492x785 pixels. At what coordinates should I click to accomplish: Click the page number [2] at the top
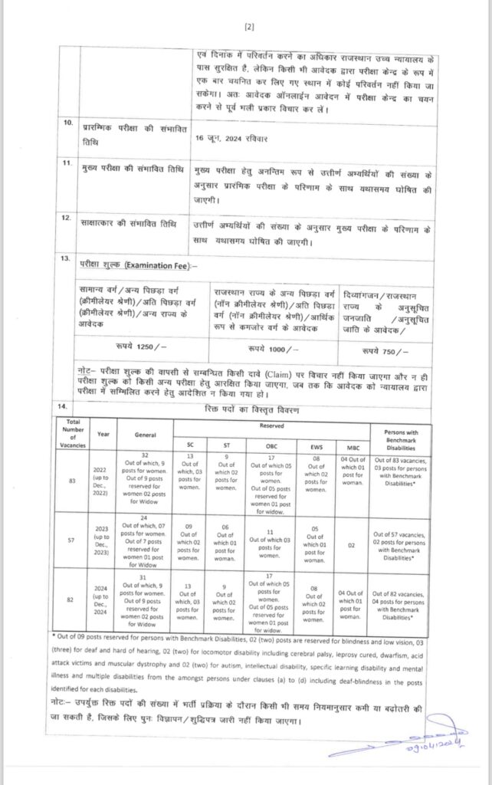pos(248,27)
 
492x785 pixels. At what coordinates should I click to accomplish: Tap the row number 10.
pos(68,123)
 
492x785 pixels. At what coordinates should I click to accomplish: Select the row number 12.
pos(67,219)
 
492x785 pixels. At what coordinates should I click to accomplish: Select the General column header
pos(144,435)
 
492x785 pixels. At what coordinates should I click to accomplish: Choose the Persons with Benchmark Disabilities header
pos(401,435)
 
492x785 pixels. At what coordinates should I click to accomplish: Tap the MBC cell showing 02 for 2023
pos(351,540)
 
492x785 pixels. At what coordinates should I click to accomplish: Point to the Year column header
pos(103,435)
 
